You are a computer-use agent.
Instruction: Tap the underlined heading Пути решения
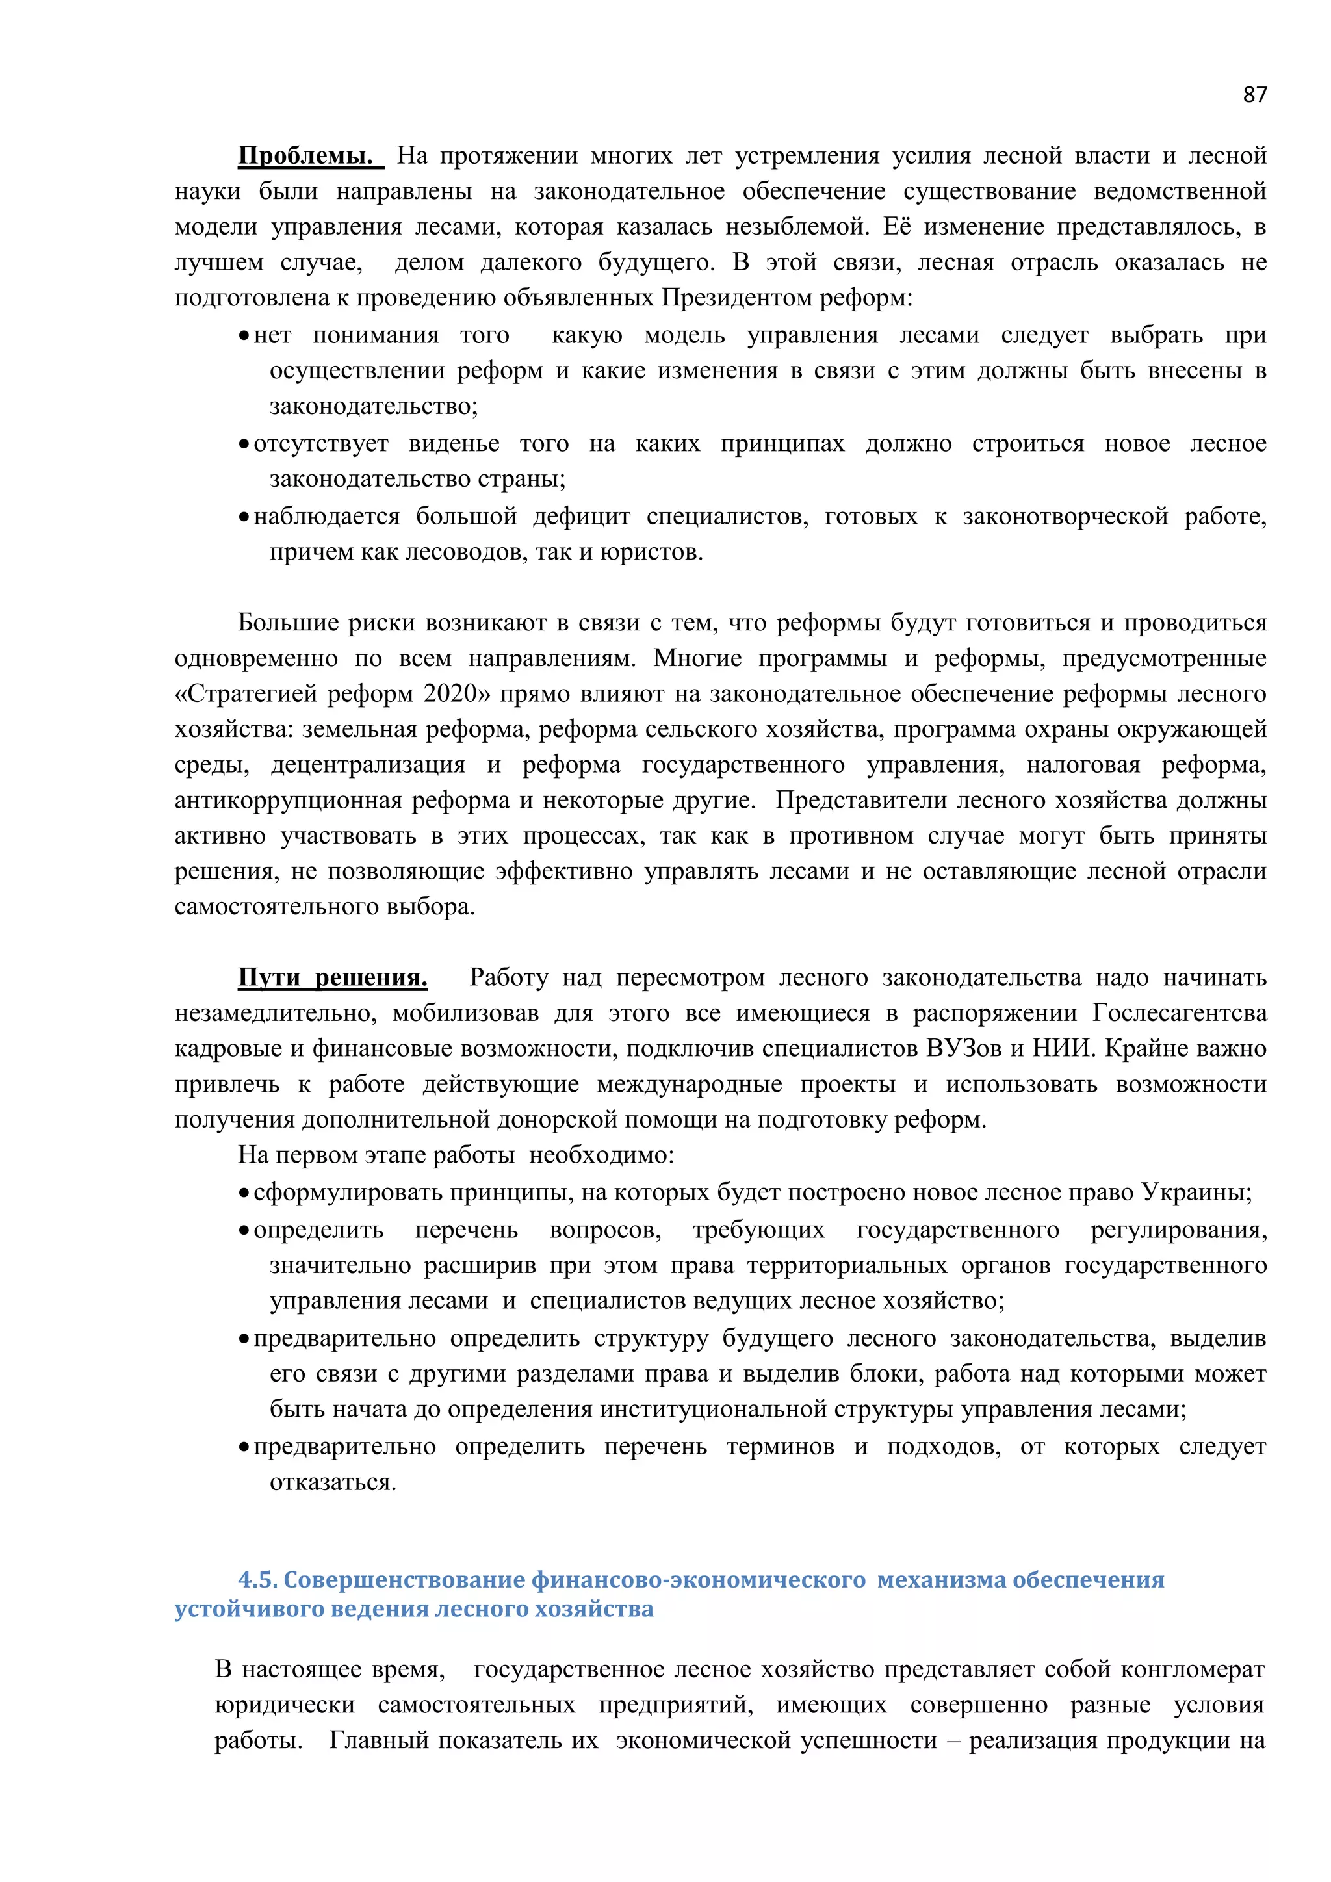pyautogui.click(x=333, y=978)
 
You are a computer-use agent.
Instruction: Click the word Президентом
pyautogui.click(x=727, y=298)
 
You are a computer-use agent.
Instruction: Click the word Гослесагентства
pyautogui.click(x=1180, y=1014)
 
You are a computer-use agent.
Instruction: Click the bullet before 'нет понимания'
pyautogui.click(x=244, y=336)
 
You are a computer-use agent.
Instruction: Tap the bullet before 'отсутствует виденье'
pyautogui.click(x=244, y=445)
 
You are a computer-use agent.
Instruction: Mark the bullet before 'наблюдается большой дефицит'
pyautogui.click(x=244, y=517)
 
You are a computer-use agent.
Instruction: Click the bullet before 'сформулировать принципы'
pyautogui.click(x=244, y=1193)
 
